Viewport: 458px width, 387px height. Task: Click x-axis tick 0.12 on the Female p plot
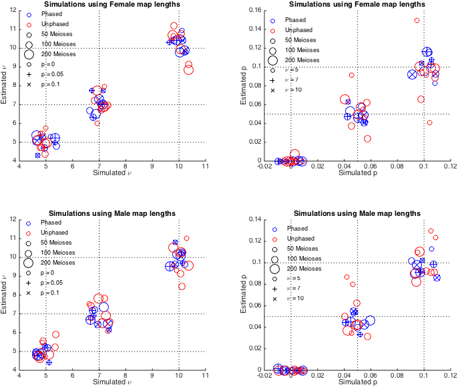[x=451, y=166]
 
